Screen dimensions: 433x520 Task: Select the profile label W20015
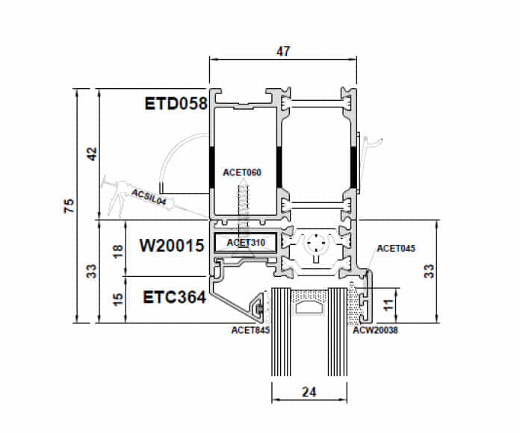[x=172, y=245]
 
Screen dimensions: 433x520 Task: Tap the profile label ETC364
[x=174, y=297]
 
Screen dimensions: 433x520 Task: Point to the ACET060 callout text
[x=242, y=173]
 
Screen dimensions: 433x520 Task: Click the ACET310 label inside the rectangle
[x=245, y=243]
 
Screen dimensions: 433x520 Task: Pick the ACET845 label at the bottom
[x=250, y=329]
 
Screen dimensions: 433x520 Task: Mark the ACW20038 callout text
[x=375, y=329]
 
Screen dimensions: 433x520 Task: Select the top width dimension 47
[x=282, y=52]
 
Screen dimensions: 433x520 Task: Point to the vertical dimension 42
[x=92, y=154]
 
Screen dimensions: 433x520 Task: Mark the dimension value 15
[x=117, y=299]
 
